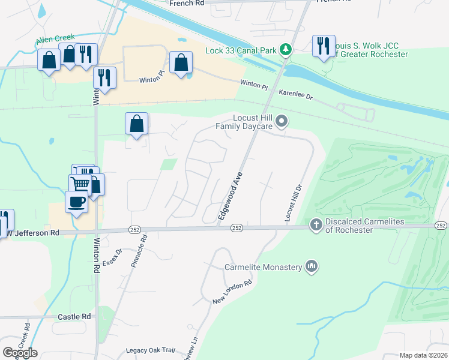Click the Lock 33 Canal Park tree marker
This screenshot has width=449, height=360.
point(287,49)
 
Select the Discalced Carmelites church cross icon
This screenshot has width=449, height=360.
point(316,224)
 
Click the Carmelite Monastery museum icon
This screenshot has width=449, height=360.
point(311,266)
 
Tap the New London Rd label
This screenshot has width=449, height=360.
point(232,292)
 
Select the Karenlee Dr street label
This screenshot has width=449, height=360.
point(296,95)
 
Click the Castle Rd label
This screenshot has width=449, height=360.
point(74,316)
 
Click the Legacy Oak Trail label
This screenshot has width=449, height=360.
point(150,350)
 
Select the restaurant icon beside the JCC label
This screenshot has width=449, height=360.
point(323,46)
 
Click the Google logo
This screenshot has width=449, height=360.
point(20,353)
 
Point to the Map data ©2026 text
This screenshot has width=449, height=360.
point(423,355)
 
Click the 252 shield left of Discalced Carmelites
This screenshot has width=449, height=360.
point(237,227)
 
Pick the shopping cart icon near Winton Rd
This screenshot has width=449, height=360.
point(80,182)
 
